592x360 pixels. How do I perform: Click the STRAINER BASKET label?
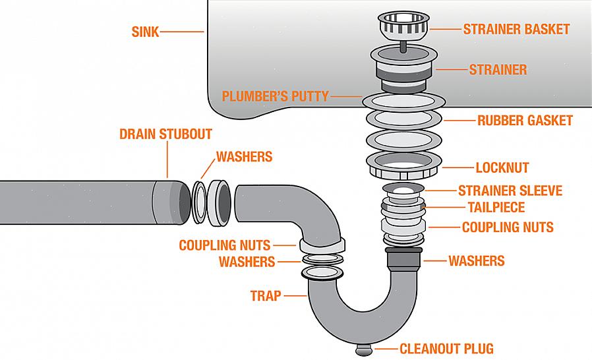[516, 29]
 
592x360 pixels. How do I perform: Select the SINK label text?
[144, 31]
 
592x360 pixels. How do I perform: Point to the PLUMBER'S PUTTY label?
[275, 96]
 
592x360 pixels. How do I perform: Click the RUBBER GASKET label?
[525, 121]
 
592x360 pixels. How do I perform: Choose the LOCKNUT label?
[502, 167]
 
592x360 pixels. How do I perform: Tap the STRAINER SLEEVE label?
[510, 191]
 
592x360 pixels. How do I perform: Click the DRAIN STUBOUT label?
[165, 135]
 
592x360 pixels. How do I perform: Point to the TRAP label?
[266, 296]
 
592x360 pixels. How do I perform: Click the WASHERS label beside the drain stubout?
[244, 157]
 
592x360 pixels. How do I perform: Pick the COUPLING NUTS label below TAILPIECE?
[508, 227]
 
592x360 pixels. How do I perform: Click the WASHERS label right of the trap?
[476, 260]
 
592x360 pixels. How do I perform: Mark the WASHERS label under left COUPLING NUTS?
[247, 262]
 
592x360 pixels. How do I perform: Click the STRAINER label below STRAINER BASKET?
[498, 69]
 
